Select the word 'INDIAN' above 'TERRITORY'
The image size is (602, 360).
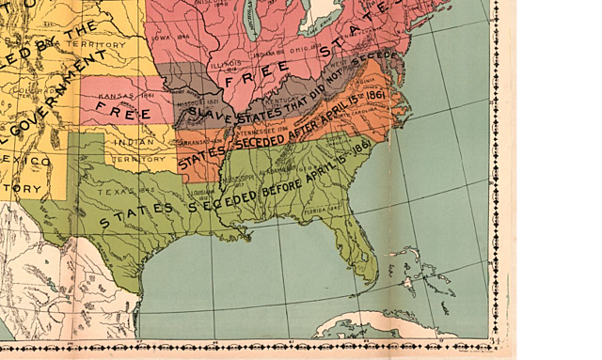134,142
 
